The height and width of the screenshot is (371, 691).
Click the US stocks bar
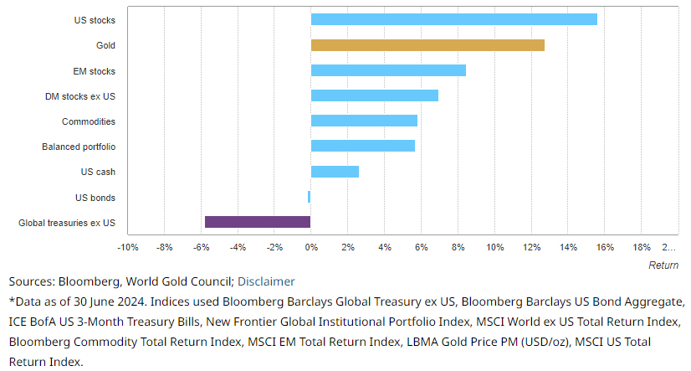(453, 19)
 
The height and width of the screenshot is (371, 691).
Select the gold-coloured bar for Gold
(427, 45)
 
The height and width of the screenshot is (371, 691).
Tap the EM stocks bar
(388, 70)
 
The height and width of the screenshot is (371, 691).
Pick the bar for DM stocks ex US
(374, 95)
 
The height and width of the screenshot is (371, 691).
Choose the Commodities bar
(364, 121)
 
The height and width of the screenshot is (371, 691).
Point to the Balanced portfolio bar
(362, 146)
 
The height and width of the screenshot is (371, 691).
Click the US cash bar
(335, 172)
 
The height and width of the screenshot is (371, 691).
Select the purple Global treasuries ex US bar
(258, 222)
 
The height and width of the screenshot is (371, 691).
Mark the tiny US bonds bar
(309, 197)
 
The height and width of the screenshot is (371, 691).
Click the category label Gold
(105, 45)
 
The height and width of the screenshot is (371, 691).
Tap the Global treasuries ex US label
(67, 223)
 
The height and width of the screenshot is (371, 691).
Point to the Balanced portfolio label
(79, 147)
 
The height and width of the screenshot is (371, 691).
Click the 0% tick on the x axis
(311, 248)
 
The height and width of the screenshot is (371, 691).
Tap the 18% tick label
(642, 248)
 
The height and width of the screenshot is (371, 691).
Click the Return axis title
(663, 265)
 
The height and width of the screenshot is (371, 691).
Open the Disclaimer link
(266, 281)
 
